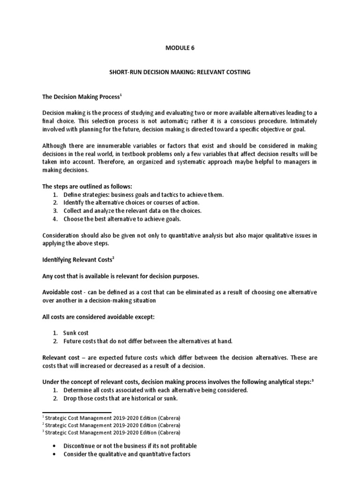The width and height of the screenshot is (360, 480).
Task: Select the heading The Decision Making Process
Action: point(82,96)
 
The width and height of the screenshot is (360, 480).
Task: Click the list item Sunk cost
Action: point(76,333)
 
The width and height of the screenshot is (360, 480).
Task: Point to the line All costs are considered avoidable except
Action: point(98,316)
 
